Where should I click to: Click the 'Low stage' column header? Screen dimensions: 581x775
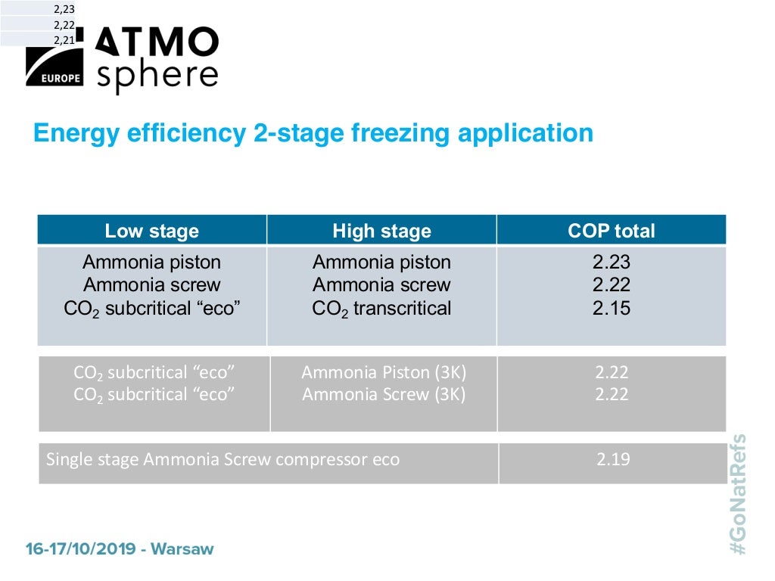click(x=151, y=231)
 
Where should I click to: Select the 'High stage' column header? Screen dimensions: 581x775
click(x=381, y=231)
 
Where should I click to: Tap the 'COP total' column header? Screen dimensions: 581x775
click(x=612, y=231)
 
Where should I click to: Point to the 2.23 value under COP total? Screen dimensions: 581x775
click(x=612, y=263)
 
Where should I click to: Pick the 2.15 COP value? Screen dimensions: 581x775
click(x=612, y=308)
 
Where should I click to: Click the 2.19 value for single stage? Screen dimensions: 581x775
click(x=612, y=459)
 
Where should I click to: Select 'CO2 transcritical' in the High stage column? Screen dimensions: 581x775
click(x=381, y=309)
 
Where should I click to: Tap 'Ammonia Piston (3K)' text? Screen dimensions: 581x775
click(x=384, y=372)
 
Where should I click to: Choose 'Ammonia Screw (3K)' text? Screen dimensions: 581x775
click(x=384, y=394)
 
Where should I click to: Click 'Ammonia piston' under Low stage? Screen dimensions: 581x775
click(x=151, y=263)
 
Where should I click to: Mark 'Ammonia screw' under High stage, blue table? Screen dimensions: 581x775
click(x=381, y=285)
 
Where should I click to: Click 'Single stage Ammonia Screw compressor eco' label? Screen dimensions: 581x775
click(x=223, y=459)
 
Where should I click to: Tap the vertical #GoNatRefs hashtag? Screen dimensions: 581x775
click(x=738, y=493)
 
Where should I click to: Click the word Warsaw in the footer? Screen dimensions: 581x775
click(x=182, y=548)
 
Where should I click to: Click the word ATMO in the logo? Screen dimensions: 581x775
click(x=158, y=43)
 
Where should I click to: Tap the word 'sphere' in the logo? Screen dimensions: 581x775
click(x=157, y=76)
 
